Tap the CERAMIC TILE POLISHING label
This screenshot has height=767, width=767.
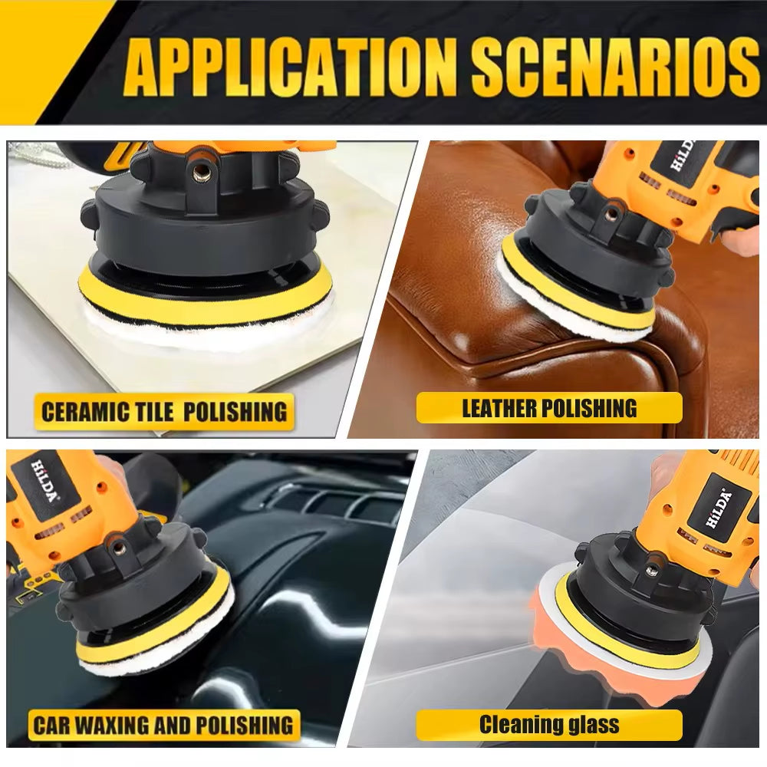163,411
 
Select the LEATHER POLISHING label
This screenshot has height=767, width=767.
549,407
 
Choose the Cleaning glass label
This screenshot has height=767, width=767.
549,724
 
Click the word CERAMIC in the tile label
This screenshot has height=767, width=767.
84,411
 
